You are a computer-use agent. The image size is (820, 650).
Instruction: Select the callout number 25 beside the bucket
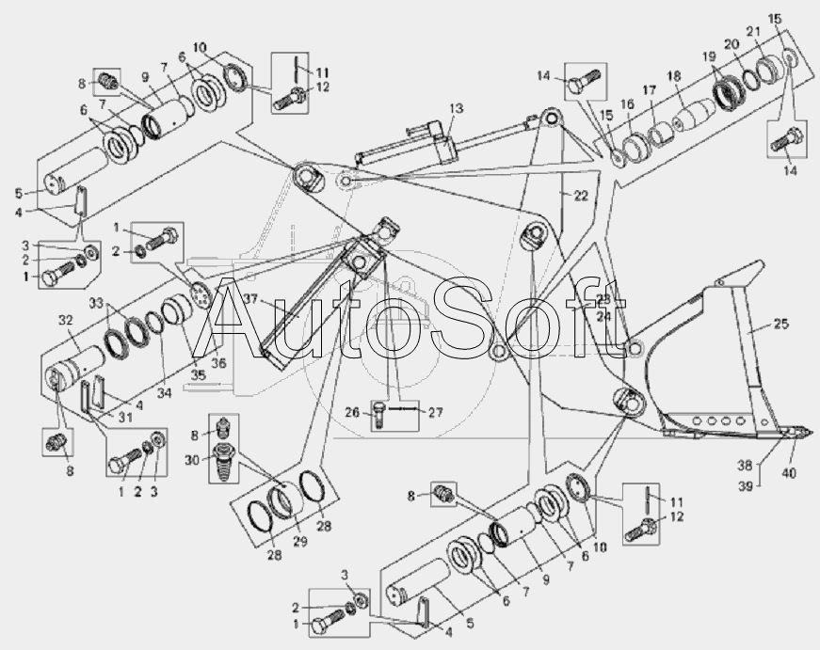(x=781, y=325)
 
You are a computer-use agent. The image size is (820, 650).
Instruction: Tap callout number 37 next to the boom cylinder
(x=249, y=301)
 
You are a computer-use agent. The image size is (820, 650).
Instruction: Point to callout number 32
(x=65, y=320)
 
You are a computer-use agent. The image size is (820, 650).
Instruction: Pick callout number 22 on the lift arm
(x=581, y=195)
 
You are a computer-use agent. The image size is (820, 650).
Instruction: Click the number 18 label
(x=674, y=75)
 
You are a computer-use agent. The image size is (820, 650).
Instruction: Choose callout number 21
(x=753, y=33)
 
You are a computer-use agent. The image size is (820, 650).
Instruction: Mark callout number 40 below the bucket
(x=789, y=473)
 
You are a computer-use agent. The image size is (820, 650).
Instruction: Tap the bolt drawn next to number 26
(x=378, y=415)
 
